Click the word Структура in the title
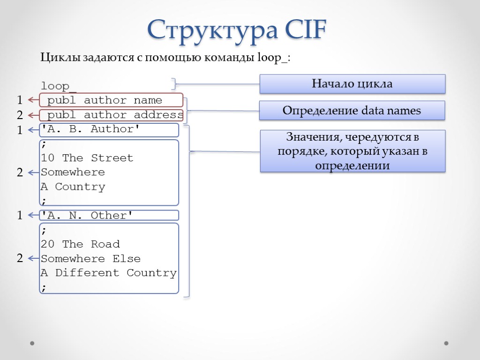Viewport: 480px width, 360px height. click(x=211, y=30)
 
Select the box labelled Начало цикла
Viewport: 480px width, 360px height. click(x=352, y=84)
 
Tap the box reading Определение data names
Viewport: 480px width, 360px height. click(x=352, y=111)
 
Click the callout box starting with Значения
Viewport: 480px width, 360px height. click(x=352, y=151)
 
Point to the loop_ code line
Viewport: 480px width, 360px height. click(x=59, y=86)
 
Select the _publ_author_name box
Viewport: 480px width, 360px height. click(x=112, y=100)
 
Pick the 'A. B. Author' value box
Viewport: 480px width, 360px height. click(x=109, y=129)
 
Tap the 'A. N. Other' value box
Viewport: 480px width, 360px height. click(x=109, y=215)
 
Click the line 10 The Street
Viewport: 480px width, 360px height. click(x=87, y=158)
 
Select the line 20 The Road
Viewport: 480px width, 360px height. click(x=80, y=244)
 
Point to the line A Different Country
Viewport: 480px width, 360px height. click(x=108, y=273)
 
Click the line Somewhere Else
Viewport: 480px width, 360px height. click(x=90, y=259)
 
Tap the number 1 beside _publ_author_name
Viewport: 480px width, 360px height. click(x=20, y=100)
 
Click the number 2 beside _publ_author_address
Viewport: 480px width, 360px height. click(x=20, y=115)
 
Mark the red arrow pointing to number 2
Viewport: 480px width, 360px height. click(x=33, y=115)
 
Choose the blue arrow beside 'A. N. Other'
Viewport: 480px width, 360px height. click(x=33, y=215)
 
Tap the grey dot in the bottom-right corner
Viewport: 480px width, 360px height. click(x=446, y=343)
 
